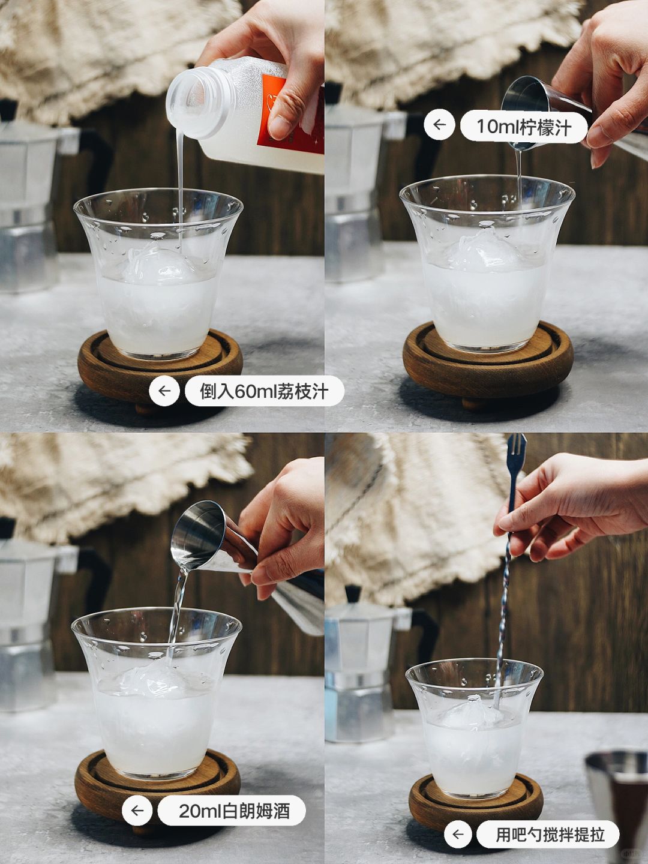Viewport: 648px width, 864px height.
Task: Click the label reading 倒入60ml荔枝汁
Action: click(x=265, y=391)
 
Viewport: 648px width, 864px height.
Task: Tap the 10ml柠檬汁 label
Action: click(x=524, y=127)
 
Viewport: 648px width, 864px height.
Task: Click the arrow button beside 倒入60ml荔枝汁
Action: click(x=164, y=391)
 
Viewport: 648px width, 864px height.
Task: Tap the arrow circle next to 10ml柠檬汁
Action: click(x=439, y=125)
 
